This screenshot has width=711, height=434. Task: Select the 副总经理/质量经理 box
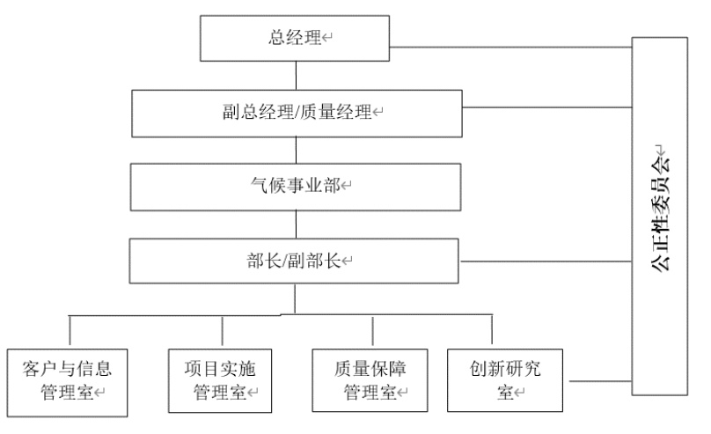point(297,112)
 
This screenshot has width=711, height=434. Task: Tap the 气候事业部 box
point(297,186)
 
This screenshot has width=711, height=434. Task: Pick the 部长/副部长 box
point(297,261)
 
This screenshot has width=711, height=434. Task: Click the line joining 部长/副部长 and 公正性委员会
point(546,261)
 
